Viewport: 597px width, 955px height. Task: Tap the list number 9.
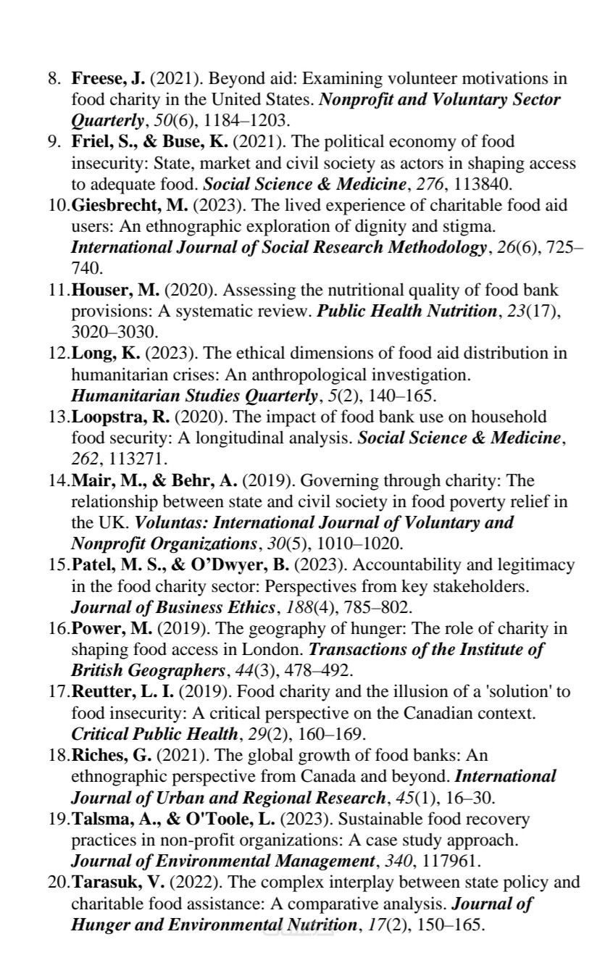(x=54, y=141)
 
